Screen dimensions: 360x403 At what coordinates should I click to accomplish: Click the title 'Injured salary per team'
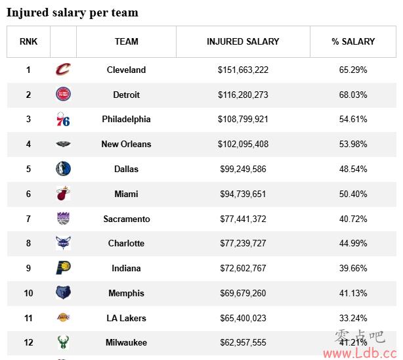[x=72, y=12]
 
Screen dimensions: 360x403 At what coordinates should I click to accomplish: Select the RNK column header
[x=28, y=41]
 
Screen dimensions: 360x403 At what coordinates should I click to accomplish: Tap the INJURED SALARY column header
[x=243, y=41]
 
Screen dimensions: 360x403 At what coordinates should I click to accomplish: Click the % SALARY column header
[x=353, y=41]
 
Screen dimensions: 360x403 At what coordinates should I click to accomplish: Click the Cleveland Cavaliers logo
[x=63, y=70]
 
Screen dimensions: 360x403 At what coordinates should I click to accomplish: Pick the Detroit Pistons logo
[x=63, y=95]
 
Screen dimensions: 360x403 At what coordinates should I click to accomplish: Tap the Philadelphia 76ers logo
[x=63, y=120]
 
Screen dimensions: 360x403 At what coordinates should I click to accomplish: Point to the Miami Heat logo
[x=63, y=194]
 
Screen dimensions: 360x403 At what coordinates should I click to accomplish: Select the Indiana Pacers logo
[x=63, y=268]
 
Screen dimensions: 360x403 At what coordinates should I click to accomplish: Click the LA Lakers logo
[x=63, y=318]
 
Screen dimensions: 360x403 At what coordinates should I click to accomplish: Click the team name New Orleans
[x=126, y=144]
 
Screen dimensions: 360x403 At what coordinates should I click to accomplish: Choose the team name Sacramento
[x=126, y=219]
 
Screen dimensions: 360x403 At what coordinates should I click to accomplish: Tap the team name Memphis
[x=126, y=293]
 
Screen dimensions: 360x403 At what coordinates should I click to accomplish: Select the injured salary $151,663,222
[x=243, y=70]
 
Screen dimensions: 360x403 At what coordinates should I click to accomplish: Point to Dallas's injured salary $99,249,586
[x=243, y=169]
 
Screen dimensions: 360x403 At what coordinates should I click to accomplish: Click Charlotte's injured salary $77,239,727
[x=243, y=243]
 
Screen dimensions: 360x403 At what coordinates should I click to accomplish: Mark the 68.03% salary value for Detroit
[x=353, y=95]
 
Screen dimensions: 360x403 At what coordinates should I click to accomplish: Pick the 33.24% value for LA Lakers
[x=353, y=318]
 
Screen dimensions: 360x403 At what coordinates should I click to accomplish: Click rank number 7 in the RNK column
[x=28, y=219]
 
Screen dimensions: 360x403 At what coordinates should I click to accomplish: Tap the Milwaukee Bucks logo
[x=63, y=342]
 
